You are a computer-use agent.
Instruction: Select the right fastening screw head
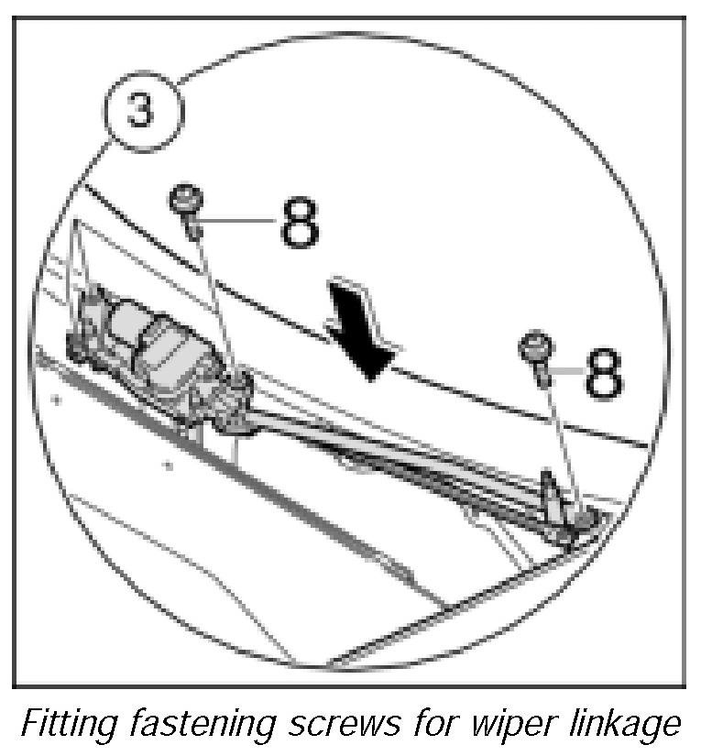click(535, 349)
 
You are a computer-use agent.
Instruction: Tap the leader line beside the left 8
click(240, 220)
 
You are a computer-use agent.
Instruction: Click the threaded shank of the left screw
click(195, 223)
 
